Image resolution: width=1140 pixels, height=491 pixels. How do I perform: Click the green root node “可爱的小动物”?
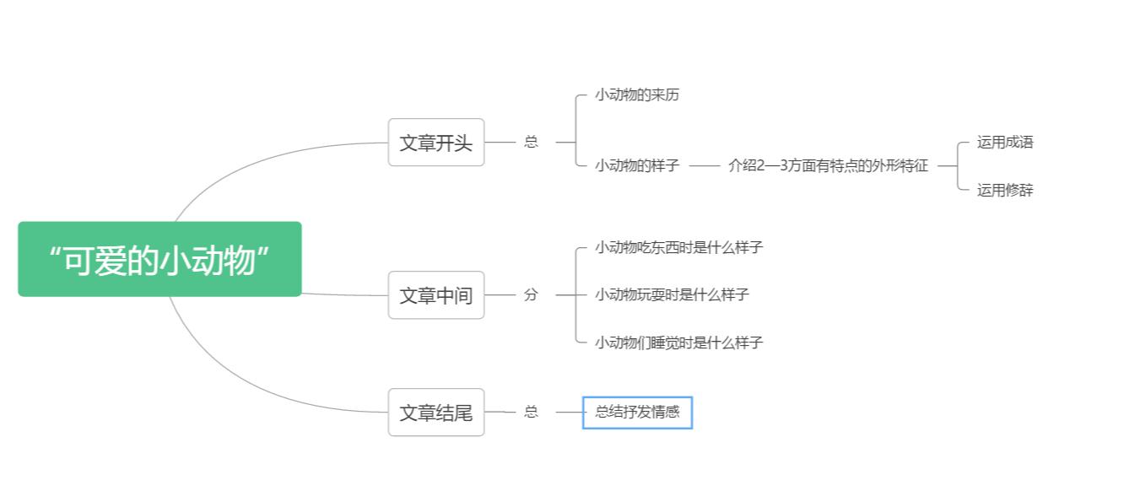tap(159, 259)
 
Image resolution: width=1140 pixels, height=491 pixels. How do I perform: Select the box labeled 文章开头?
tap(436, 143)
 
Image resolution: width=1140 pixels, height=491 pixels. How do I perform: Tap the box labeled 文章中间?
tap(436, 295)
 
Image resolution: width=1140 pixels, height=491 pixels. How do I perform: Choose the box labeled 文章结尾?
tap(436, 413)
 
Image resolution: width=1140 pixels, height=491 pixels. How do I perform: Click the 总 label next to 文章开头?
tap(531, 142)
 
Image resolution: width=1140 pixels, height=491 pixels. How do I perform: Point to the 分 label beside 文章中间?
tap(531, 294)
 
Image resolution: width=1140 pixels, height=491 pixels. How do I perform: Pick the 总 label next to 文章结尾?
tap(531, 412)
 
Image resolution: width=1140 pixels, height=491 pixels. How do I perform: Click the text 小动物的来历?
tap(637, 94)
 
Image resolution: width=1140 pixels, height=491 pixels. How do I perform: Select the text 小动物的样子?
tap(637, 165)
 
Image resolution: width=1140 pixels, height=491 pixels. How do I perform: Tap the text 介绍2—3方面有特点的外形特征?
tap(828, 165)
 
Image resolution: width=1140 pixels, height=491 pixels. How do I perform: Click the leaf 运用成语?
tap(1005, 142)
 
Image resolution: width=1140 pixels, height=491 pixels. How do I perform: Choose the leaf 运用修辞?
tap(1005, 190)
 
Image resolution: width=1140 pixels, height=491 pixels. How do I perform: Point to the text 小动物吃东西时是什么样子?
tap(678, 247)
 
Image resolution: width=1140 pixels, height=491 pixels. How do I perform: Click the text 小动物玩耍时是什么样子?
tap(672, 294)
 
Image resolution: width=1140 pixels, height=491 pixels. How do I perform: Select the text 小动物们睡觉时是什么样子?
tap(678, 343)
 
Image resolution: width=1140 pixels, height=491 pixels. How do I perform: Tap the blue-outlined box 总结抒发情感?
tap(637, 413)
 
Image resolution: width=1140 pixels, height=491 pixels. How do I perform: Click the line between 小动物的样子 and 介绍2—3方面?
tap(704, 166)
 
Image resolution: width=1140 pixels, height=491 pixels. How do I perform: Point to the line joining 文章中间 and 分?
tap(500, 295)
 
